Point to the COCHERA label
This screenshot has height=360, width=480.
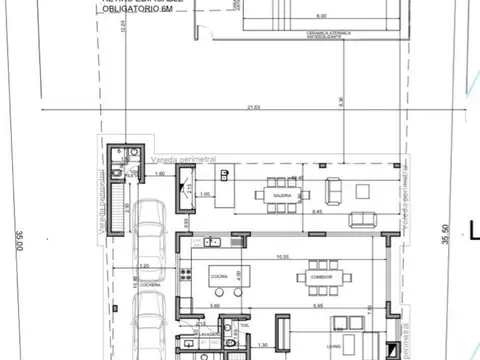[150, 283]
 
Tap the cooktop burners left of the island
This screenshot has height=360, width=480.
[187, 272]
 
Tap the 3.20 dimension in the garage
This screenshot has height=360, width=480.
[144, 266]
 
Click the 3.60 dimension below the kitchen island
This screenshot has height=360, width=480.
[214, 304]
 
